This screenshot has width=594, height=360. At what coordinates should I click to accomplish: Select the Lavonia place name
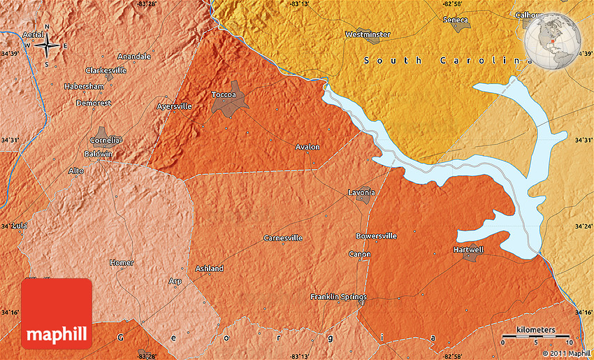pyautogui.click(x=361, y=192)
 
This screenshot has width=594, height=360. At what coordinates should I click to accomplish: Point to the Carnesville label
pyautogui.click(x=283, y=238)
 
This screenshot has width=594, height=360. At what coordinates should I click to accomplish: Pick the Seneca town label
pyautogui.click(x=456, y=20)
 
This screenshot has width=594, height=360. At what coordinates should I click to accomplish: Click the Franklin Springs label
pyautogui.click(x=338, y=297)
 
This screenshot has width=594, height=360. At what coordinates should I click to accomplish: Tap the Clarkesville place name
pyautogui.click(x=106, y=71)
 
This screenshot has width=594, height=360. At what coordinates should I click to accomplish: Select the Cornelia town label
pyautogui.click(x=103, y=140)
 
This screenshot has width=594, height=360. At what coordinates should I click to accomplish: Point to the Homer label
pyautogui.click(x=121, y=263)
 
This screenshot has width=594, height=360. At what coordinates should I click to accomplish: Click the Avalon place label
pyautogui.click(x=307, y=147)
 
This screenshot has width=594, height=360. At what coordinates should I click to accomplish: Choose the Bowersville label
pyautogui.click(x=376, y=236)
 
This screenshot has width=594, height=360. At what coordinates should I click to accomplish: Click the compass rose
pyautogui.click(x=47, y=46)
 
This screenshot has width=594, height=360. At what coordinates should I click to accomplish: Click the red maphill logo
pyautogui.click(x=57, y=313)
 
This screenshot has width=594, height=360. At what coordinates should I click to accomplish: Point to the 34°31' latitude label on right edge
pyautogui.click(x=584, y=141)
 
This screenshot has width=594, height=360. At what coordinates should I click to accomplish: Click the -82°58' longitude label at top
pyautogui.click(x=452, y=4)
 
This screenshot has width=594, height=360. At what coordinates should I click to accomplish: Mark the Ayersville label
pyautogui.click(x=174, y=106)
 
